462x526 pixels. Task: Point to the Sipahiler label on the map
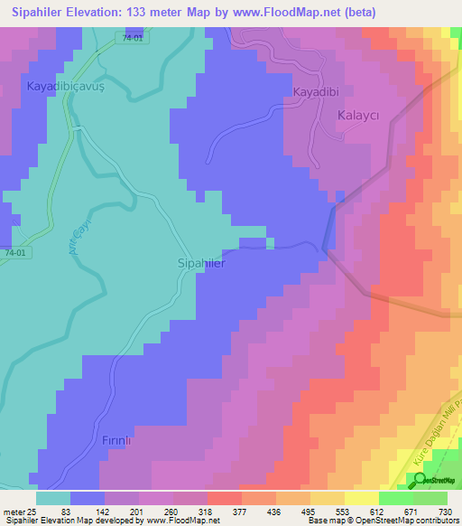pyautogui.click(x=198, y=265)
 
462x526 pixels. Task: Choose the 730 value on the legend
pyautogui.click(x=443, y=512)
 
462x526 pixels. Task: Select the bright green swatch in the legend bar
pyautogui.click(x=396, y=498)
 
